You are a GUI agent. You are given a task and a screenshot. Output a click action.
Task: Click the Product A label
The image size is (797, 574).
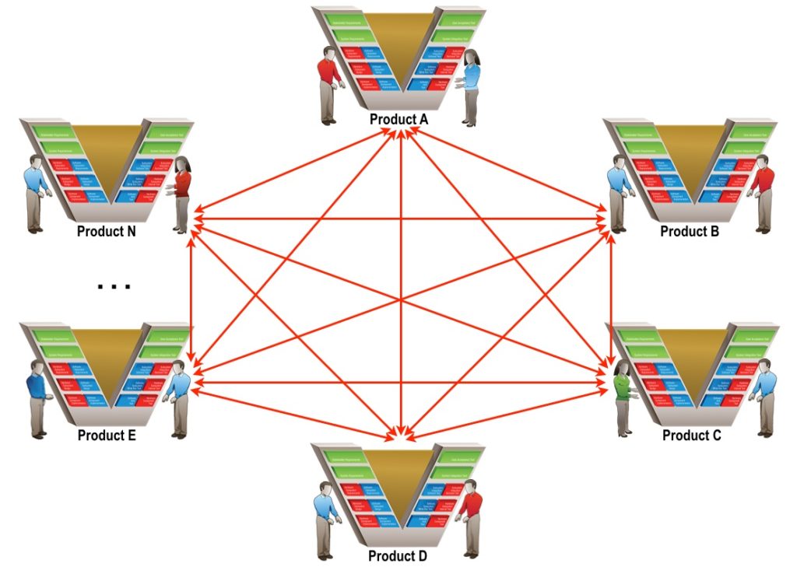[398, 119]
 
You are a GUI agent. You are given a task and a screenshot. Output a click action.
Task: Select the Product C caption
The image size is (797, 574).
[691, 436]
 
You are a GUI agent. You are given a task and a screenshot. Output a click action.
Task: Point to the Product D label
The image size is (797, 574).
[398, 556]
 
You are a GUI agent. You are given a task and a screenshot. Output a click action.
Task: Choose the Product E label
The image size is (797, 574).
[107, 435]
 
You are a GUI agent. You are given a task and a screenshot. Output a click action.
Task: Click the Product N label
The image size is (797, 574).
[107, 231]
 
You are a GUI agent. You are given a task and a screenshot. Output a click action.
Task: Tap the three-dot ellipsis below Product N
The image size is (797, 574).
[114, 287]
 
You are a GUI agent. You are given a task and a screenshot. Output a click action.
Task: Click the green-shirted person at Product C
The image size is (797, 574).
[623, 393]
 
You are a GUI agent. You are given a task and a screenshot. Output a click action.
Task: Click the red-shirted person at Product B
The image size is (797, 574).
[763, 191]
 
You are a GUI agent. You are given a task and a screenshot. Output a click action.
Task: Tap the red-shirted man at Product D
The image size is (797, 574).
[469, 517]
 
